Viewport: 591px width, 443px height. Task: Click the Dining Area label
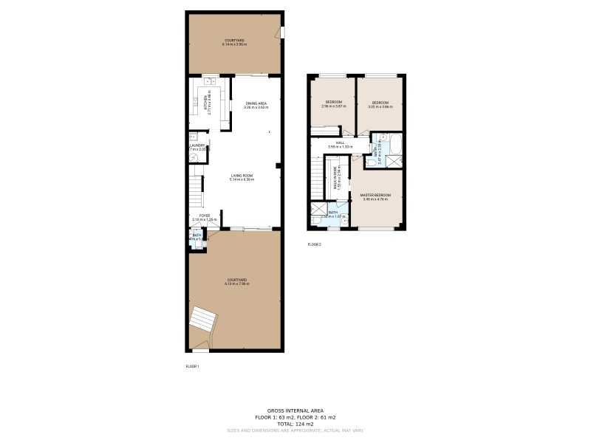(x=256, y=103)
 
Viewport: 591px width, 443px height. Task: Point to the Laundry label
(x=197, y=145)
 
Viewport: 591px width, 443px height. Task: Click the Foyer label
(x=204, y=216)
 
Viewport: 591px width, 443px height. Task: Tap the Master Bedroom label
(x=375, y=195)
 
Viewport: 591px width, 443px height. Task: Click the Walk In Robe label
(x=336, y=179)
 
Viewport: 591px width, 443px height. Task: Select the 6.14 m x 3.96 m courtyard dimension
(x=234, y=45)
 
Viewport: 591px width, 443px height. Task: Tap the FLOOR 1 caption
(x=192, y=366)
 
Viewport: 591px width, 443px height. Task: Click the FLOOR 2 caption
(x=315, y=244)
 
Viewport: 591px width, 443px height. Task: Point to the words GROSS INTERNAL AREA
(x=295, y=411)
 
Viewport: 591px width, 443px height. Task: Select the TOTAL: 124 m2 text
(x=295, y=424)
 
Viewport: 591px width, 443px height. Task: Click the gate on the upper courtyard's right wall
(x=281, y=33)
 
